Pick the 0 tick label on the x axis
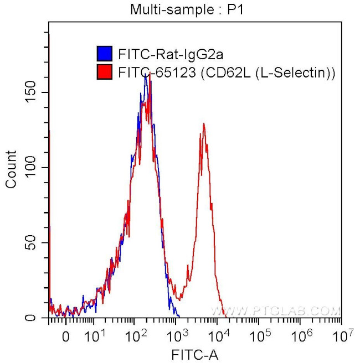pyautogui.click(x=66, y=335)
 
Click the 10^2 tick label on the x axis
pyautogui.click(x=136, y=334)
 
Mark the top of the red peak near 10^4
pyautogui.click(x=204, y=123)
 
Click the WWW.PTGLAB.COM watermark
pyautogui.click(x=274, y=311)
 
